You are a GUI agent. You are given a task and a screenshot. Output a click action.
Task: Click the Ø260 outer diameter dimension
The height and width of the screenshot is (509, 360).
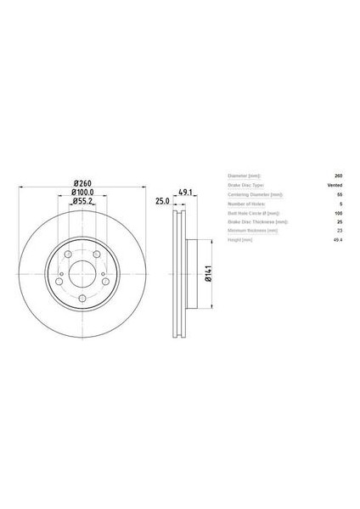[82, 183]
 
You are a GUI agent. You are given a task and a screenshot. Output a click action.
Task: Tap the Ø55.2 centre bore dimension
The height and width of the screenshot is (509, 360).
[82, 202]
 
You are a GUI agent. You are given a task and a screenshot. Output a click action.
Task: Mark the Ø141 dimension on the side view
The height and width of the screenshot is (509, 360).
[207, 273]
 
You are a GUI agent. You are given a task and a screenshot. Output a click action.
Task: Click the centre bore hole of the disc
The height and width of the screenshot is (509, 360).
[82, 273]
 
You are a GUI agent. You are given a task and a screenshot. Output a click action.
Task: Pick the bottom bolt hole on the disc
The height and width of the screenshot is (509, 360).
[82, 298]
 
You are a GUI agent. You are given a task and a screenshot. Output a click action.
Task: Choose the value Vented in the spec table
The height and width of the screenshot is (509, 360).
[335, 184]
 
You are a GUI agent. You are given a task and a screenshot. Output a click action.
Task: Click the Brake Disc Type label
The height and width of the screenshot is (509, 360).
[246, 184]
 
